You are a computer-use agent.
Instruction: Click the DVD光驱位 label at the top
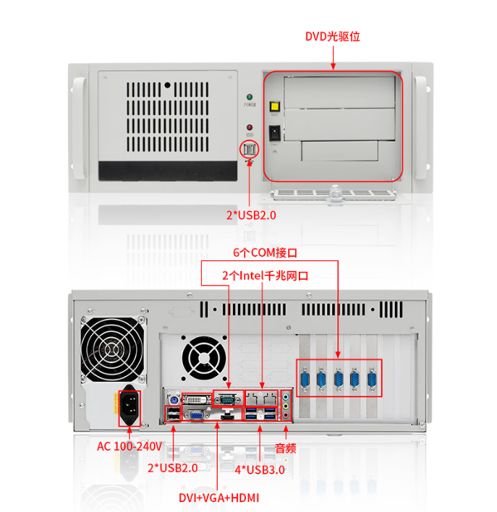pyautogui.click(x=332, y=37)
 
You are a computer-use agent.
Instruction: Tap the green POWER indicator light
pyautogui.click(x=249, y=98)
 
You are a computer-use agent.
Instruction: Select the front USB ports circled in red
pyautogui.click(x=249, y=149)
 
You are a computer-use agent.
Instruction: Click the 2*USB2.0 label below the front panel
pyautogui.click(x=250, y=215)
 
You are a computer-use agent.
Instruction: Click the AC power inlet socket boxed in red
pyautogui.click(x=128, y=407)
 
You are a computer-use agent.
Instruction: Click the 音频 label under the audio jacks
pyautogui.click(x=287, y=447)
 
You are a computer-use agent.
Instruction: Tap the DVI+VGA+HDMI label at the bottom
pyautogui.click(x=218, y=497)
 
